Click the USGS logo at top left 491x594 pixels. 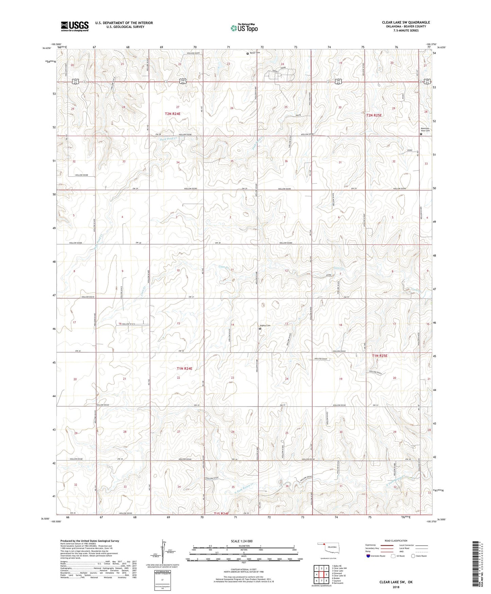[75, 26]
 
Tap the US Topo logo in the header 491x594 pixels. [244, 28]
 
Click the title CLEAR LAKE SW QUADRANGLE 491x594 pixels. [406, 22]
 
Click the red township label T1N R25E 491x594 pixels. [380, 356]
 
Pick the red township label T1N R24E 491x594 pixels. [184, 368]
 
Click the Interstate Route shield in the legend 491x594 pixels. [368, 556]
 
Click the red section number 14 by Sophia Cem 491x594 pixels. [233, 325]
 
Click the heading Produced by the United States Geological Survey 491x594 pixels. [90, 541]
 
